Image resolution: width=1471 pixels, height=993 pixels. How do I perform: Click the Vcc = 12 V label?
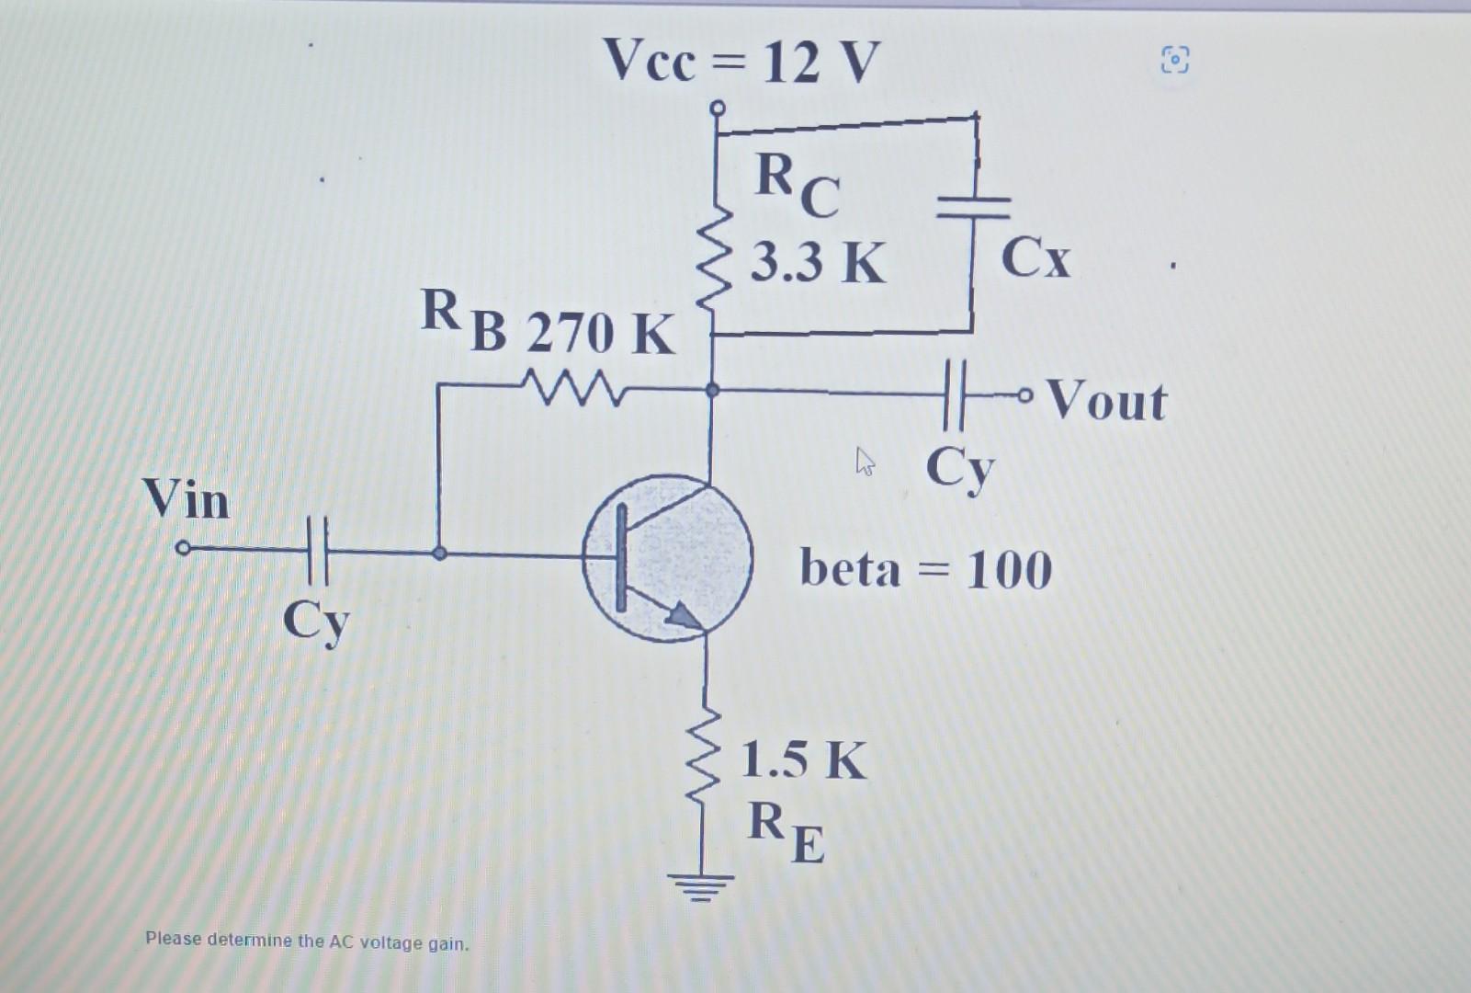point(741,63)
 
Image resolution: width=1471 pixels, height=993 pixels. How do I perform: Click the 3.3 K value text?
point(818,263)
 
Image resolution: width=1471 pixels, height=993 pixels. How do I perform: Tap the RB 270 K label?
point(548,323)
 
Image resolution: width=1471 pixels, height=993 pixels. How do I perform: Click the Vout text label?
point(1106,401)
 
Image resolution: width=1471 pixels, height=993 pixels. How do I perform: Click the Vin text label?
point(187,499)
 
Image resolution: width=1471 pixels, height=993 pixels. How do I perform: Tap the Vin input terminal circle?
point(183,548)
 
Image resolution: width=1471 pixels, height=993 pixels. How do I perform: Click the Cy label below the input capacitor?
point(316,622)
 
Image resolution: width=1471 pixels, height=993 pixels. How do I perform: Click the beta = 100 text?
point(925,569)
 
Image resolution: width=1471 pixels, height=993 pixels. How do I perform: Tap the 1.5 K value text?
point(803,761)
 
